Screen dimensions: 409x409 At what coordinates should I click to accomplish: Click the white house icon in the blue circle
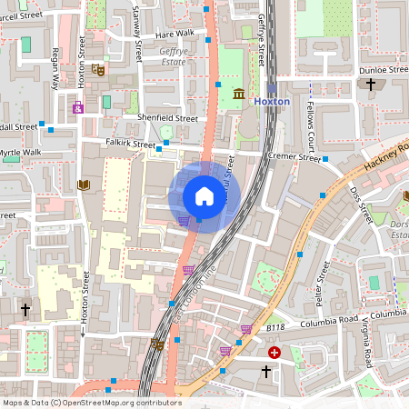pyautogui.click(x=204, y=196)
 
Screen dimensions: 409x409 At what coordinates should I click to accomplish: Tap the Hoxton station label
pyautogui.click(x=272, y=102)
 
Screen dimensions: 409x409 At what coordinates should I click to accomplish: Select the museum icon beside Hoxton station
pyautogui.click(x=238, y=94)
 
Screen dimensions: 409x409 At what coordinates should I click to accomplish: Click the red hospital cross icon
pyautogui.click(x=274, y=352)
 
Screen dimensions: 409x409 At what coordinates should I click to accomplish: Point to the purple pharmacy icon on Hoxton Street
pyautogui.click(x=78, y=108)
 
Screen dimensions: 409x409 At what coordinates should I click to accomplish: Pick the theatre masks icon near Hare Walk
pyautogui.click(x=99, y=69)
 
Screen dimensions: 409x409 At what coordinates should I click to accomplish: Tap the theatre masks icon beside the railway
pyautogui.click(x=156, y=344)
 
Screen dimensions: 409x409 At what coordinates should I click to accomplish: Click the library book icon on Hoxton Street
pyautogui.click(x=85, y=185)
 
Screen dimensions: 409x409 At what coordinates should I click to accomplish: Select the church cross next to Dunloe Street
pyautogui.click(x=370, y=85)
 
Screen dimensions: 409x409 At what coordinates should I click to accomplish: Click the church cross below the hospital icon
pyautogui.click(x=266, y=372)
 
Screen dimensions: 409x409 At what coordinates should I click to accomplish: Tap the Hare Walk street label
pyautogui.click(x=175, y=34)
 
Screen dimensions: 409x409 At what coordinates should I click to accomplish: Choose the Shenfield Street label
pyautogui.click(x=166, y=118)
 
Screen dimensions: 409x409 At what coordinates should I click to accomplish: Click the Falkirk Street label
pyautogui.click(x=131, y=144)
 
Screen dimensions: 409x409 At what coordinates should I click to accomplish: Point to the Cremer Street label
pyautogui.click(x=295, y=156)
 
